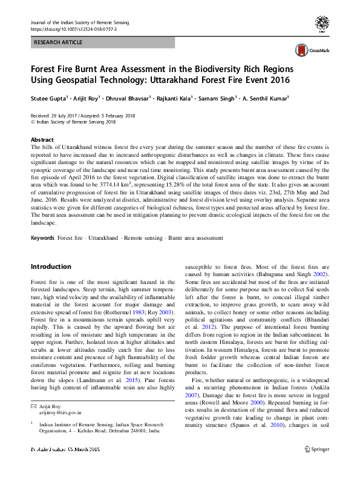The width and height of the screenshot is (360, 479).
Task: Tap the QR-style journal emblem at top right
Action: click(x=323, y=24)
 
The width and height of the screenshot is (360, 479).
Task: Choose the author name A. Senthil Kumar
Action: click(x=264, y=98)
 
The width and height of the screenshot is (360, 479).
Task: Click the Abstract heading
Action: click(x=42, y=139)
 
